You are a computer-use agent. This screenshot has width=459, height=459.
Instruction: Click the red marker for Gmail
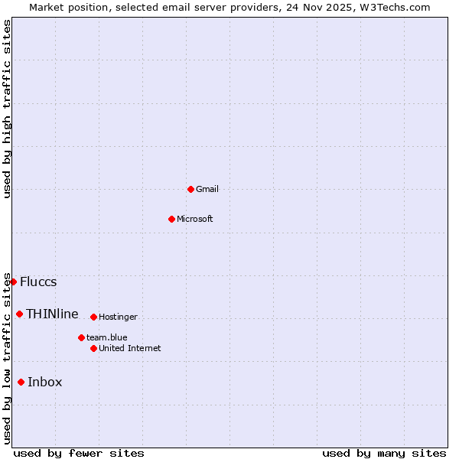tap(190, 189)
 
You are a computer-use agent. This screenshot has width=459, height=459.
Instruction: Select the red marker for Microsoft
tap(171, 219)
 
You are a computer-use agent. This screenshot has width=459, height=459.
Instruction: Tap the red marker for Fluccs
tap(13, 282)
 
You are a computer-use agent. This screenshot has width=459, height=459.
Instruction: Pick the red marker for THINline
tap(19, 314)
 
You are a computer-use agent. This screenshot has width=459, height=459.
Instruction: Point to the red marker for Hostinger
tap(93, 317)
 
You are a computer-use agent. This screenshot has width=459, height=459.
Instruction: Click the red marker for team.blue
tap(81, 337)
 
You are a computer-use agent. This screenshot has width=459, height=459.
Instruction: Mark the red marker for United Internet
tap(93, 348)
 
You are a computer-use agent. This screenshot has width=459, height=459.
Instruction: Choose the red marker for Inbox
tap(21, 382)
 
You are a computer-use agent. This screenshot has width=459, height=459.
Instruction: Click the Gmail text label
tap(207, 189)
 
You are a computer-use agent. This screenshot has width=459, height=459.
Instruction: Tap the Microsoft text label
tap(195, 219)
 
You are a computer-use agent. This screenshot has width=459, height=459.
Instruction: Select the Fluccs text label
tap(38, 282)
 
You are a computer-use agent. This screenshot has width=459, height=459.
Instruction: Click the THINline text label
tap(52, 314)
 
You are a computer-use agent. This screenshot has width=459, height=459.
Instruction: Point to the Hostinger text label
tap(118, 317)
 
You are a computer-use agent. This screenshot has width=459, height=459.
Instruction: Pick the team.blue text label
tap(107, 337)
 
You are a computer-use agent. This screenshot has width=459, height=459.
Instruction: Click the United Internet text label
tap(130, 348)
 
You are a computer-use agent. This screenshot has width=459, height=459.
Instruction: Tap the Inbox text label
tap(45, 382)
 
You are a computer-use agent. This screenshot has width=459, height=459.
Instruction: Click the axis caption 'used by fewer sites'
tap(79, 453)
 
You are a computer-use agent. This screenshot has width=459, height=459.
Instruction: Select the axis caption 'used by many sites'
tap(384, 453)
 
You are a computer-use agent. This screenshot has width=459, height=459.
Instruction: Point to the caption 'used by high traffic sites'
tap(8, 109)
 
